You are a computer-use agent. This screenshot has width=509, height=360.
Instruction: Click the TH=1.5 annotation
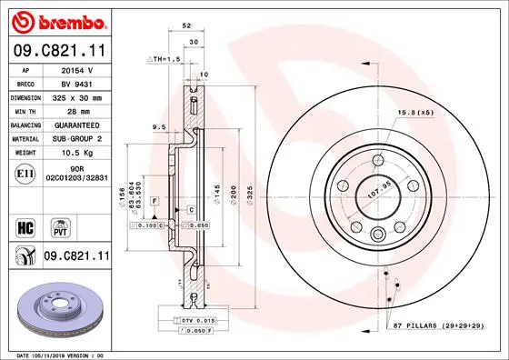pyautogui.click(x=165, y=57)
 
